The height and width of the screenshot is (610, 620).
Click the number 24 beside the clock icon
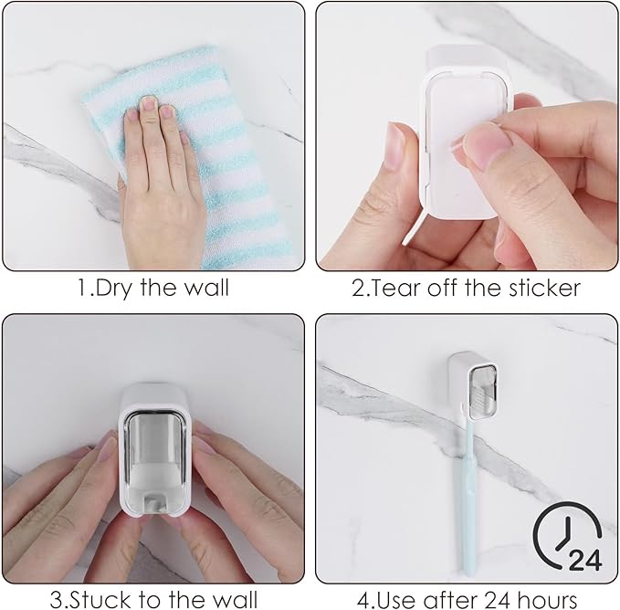pyautogui.click(x=584, y=559)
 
